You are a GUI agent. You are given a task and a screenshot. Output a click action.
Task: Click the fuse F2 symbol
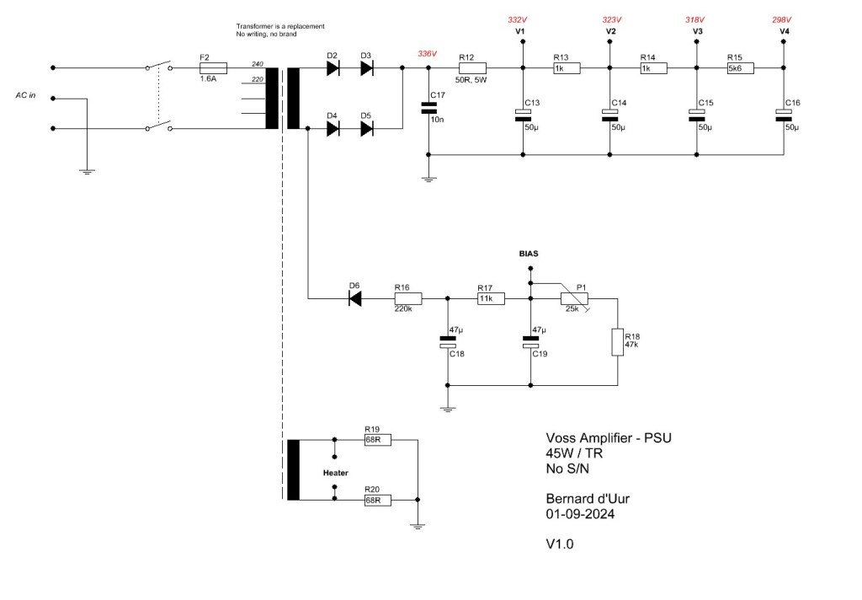pos(213,68)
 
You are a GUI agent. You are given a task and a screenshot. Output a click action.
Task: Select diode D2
pos(332,68)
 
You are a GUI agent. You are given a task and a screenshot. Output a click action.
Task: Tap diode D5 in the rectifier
pos(367,129)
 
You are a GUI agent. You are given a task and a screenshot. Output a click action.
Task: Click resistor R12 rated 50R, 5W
pos(472,68)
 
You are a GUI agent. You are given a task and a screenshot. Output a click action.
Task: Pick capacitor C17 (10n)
pos(428,108)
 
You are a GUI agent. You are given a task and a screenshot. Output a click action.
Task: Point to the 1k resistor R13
pos(567,68)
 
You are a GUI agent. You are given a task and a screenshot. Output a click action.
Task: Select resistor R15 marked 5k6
pos(741,68)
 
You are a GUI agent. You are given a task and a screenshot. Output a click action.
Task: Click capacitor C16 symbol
pos(784,115)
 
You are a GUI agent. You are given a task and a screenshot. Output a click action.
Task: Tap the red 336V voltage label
pos(427,53)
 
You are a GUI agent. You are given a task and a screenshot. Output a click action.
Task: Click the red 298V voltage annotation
pos(781,20)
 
